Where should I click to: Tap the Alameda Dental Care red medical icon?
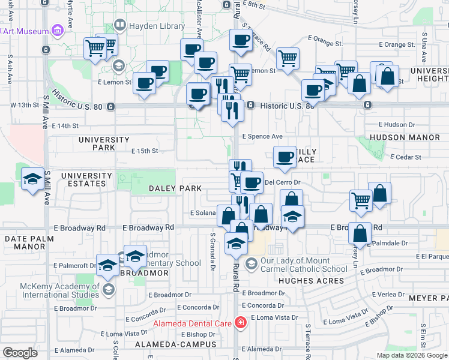tap(241, 323)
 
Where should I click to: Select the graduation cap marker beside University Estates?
tap(32, 178)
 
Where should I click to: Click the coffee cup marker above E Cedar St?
tap(285, 157)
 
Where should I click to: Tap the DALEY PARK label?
tap(167, 188)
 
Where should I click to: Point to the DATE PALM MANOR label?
tap(29, 242)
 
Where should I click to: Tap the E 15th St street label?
tap(145, 151)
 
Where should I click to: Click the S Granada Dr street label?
tap(212, 243)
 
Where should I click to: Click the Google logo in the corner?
tap(20, 353)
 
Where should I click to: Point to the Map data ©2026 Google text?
tap(411, 355)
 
